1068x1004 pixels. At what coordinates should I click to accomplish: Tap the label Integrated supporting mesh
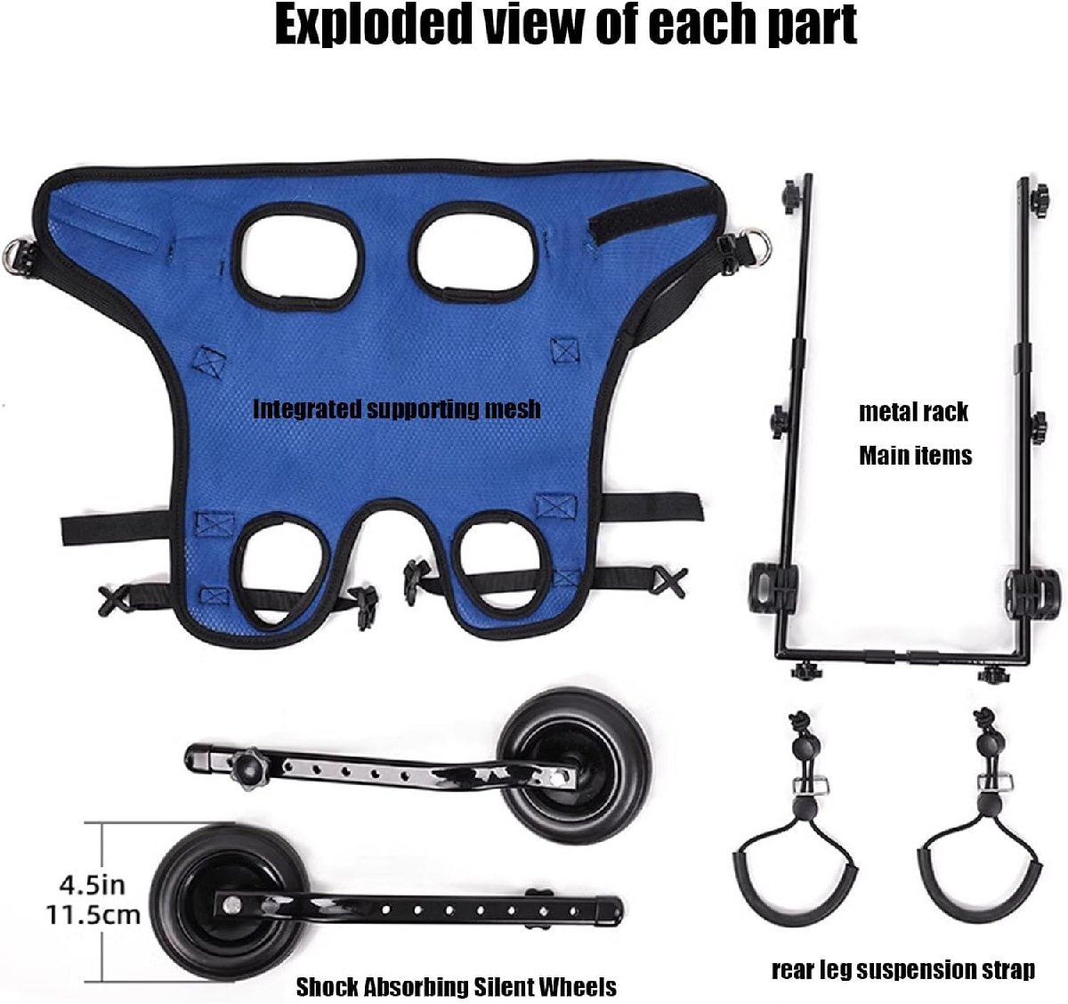397,409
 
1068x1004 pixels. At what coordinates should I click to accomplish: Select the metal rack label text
913,412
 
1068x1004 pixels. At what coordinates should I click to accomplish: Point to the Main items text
915,456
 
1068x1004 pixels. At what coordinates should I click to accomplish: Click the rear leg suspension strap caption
903,969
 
